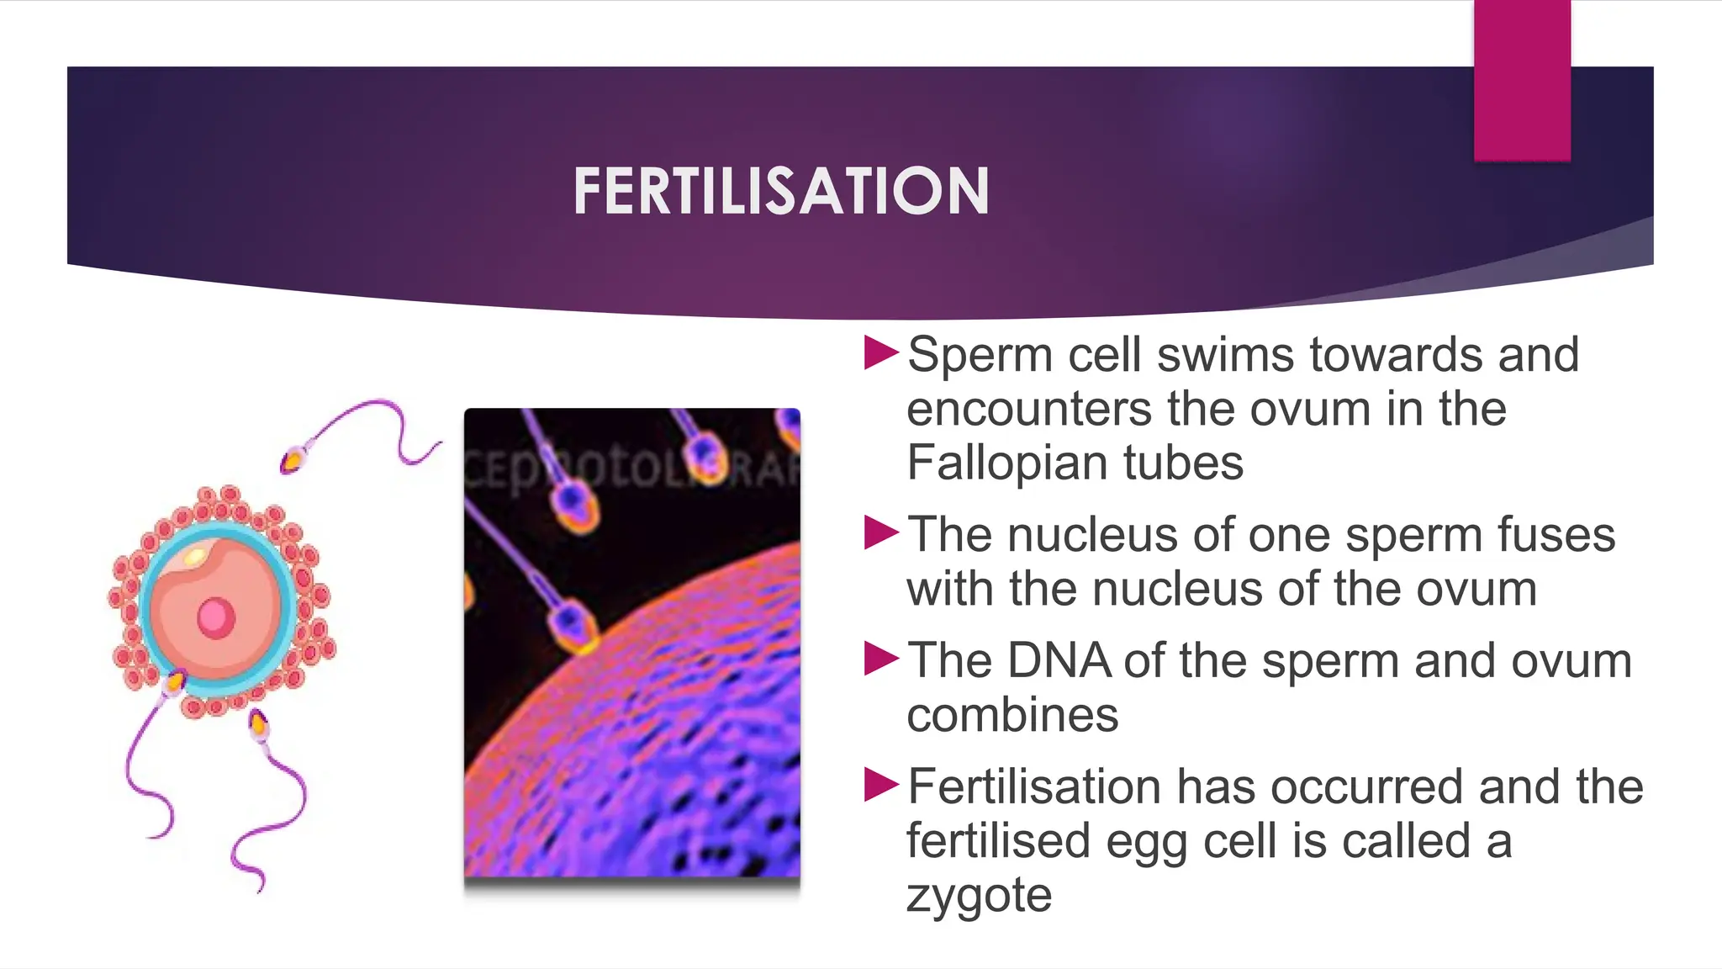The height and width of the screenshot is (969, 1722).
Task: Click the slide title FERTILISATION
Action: pos(781,191)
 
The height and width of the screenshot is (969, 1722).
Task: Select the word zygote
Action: pos(979,895)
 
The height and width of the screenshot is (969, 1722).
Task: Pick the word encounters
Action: pos(1029,409)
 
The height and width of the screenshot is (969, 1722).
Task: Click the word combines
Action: pos(1012,715)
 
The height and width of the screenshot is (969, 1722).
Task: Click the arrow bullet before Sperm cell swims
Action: pos(881,353)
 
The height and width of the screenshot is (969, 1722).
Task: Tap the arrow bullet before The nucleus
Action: pos(881,533)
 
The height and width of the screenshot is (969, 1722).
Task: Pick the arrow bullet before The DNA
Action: pos(881,659)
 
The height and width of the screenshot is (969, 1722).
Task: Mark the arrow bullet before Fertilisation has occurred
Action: pos(881,786)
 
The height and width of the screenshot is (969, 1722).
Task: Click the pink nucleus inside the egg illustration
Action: pos(216,618)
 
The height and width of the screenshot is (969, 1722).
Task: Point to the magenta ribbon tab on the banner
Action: pos(1522,81)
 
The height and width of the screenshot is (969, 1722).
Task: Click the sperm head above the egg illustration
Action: pos(293,461)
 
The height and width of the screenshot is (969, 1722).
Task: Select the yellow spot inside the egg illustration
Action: pos(194,556)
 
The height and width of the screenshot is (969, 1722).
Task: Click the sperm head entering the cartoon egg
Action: pos(175,682)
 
